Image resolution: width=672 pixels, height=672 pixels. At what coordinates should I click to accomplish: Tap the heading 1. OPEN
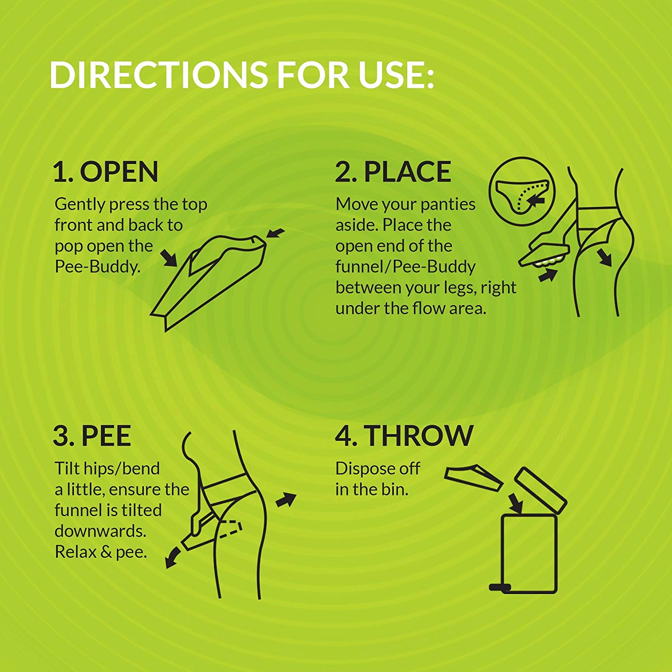tap(106, 172)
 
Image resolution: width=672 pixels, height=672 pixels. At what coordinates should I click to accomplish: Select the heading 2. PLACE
tap(393, 172)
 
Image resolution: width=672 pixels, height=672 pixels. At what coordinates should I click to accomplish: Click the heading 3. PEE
tap(92, 435)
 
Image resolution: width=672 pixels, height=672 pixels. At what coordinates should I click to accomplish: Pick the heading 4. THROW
tap(404, 435)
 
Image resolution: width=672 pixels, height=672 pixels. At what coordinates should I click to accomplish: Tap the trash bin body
tap(529, 554)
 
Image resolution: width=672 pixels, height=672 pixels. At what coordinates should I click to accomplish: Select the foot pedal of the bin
tap(500, 587)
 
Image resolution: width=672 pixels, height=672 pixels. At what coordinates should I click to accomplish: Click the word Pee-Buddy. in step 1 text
tap(98, 267)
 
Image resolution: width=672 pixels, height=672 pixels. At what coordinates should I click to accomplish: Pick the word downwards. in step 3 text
tap(100, 531)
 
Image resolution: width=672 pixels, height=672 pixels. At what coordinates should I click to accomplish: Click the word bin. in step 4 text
tap(395, 490)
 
